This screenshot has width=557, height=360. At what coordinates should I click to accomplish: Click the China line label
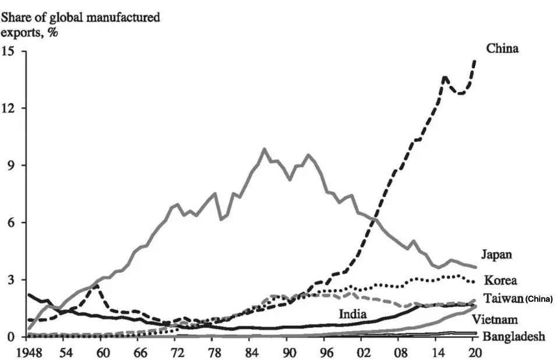click(502, 48)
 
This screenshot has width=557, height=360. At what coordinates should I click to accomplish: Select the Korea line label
click(500, 280)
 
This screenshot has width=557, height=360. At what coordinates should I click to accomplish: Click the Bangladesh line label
click(513, 336)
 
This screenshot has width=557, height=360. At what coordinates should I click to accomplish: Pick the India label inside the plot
click(353, 314)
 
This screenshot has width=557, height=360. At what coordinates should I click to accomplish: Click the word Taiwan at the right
click(503, 298)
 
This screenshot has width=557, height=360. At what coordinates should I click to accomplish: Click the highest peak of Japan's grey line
click(264, 150)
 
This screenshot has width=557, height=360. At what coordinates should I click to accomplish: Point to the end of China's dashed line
click(475, 60)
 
